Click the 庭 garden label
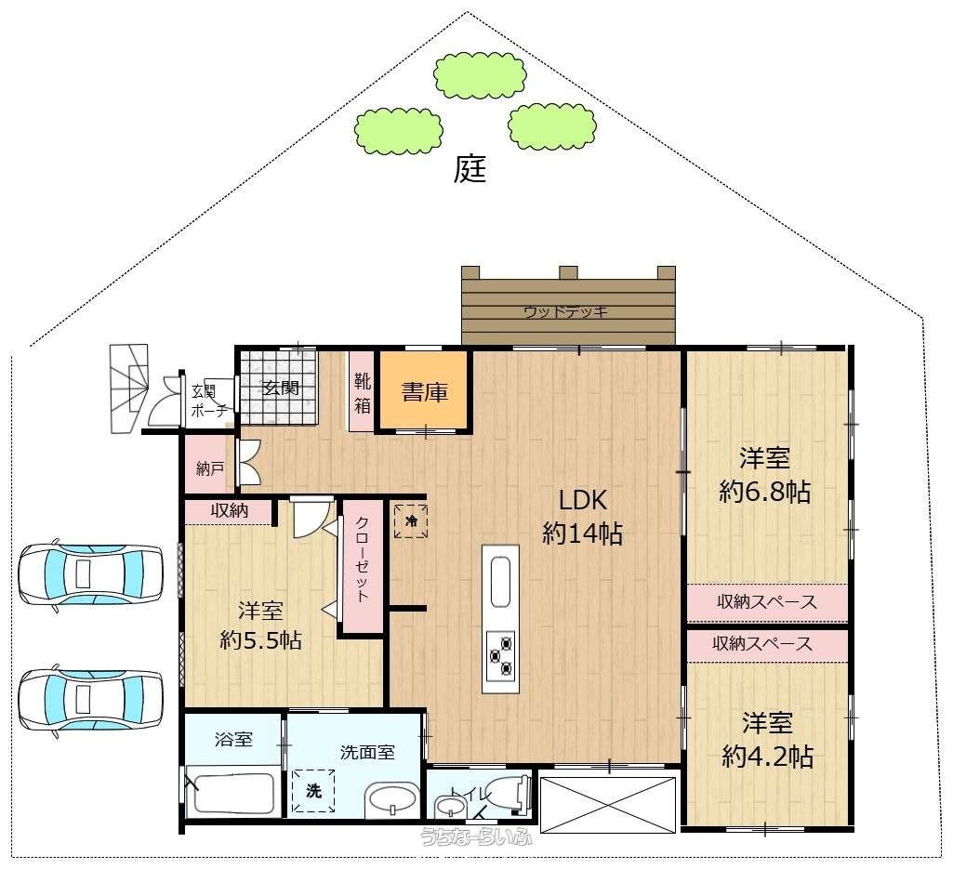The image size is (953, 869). click(470, 168)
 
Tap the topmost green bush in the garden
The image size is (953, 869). click(480, 75)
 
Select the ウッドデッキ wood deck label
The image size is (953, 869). click(566, 312)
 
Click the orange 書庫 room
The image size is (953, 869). click(424, 391)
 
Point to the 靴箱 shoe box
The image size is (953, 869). click(363, 392)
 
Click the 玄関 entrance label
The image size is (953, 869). click(281, 387)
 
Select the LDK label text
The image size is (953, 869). click(583, 500)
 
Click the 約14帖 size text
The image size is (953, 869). click(582, 533)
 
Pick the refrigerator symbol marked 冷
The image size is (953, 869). click(411, 520)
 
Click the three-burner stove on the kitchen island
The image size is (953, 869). click(501, 654)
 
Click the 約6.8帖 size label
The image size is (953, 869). click(764, 491)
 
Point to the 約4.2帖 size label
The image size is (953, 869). click(767, 757)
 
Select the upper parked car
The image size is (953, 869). click(91, 574)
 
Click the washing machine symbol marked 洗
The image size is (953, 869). click(313, 791)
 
